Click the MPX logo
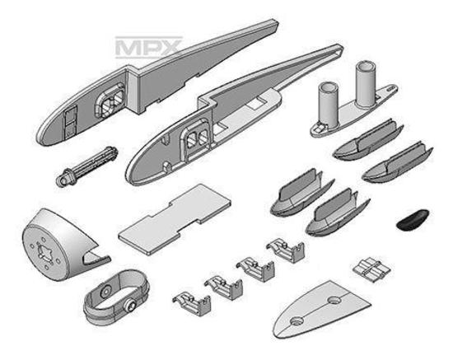pos(148,48)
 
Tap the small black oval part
pos(413,217)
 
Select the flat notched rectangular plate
pos(175,220)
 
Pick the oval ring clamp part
pos(115,297)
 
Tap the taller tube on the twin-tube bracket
pos(365,83)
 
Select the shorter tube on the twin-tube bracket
pos(328,103)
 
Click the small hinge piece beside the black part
pos(371,269)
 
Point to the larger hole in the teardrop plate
pos(334,300)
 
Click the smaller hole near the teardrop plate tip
pos(297,321)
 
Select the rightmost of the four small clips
pos(286,250)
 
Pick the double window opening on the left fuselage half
pos(110,100)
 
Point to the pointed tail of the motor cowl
pos(106,258)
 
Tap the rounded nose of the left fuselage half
pos(44,136)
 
